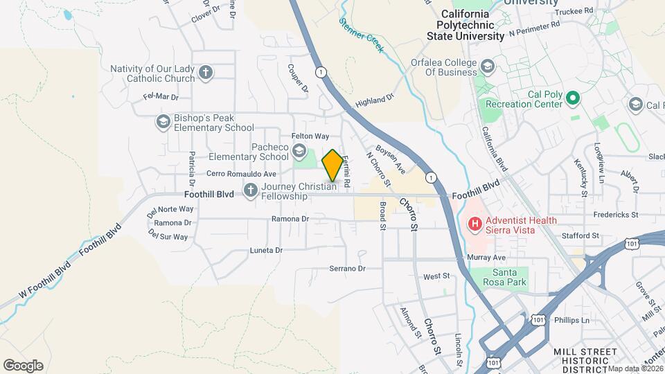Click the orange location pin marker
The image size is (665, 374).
pyautogui.click(x=332, y=166)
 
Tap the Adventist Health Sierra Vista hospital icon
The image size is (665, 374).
pyautogui.click(x=475, y=224)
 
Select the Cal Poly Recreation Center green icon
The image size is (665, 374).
pyautogui.click(x=572, y=99)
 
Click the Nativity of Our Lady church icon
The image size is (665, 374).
pyautogui.click(x=205, y=73)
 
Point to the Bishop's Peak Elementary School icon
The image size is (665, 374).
pyautogui.click(x=163, y=123)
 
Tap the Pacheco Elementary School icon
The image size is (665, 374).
pyautogui.click(x=299, y=151)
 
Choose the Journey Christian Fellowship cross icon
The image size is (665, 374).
pyautogui.click(x=250, y=190)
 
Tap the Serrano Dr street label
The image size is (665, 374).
pyautogui.click(x=346, y=268)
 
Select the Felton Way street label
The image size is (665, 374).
pyautogui.click(x=310, y=137)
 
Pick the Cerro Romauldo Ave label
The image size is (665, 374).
pyautogui.click(x=241, y=174)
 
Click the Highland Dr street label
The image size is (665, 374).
pyautogui.click(x=374, y=101)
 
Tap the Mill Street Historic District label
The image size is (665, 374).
pyautogui.click(x=585, y=361)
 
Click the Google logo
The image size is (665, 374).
pyautogui.click(x=23, y=366)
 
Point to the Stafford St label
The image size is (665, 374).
pyautogui.click(x=580, y=235)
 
